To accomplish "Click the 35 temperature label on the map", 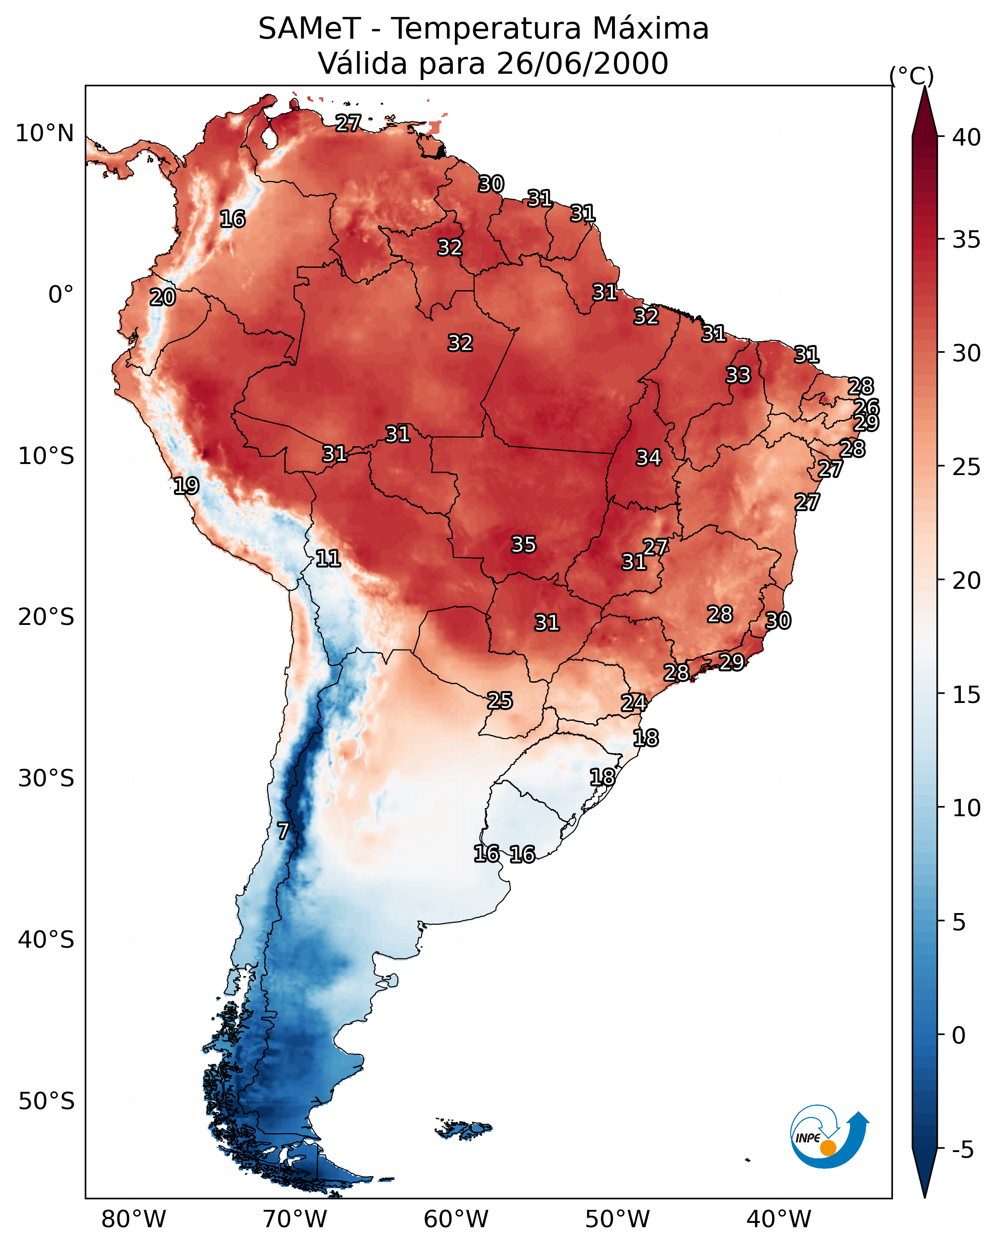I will tap(524, 544).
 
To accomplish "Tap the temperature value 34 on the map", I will tap(649, 458).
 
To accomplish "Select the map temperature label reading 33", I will tap(738, 375).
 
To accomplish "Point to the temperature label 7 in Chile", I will tap(283, 831).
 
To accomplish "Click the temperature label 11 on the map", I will tap(328, 558).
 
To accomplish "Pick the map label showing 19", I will tap(186, 486).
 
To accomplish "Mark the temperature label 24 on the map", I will tap(634, 703).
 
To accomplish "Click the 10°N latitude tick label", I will tap(44, 133).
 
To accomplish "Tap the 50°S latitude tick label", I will tap(46, 1101).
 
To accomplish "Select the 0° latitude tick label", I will tap(61, 295).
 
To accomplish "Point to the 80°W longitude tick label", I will tap(133, 1219).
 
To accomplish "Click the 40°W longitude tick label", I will tap(779, 1219).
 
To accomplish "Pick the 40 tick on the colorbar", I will tap(967, 137).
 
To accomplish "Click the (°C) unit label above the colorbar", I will tap(911, 76).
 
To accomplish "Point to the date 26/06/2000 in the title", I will tap(582, 64).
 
